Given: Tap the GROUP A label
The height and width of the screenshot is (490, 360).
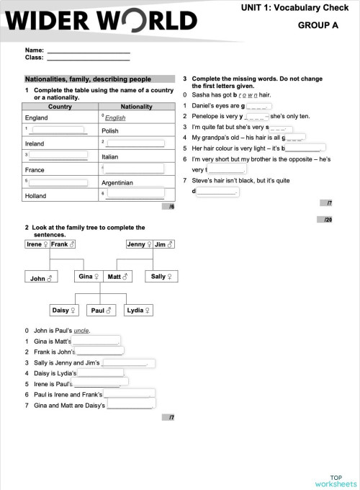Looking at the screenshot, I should [x=318, y=24].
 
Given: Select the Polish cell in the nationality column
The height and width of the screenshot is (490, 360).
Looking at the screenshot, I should [x=110, y=130].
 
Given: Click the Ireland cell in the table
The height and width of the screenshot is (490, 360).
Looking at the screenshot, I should [x=35, y=143].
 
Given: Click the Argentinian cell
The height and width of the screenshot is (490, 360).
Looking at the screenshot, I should [x=117, y=183].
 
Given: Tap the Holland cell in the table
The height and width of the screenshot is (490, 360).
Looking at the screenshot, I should [x=35, y=196].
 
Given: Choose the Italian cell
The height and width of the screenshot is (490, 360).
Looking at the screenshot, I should [x=109, y=156].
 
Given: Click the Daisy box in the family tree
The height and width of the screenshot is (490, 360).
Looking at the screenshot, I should [x=64, y=311].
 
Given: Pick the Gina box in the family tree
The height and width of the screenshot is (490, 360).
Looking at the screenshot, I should [x=88, y=276].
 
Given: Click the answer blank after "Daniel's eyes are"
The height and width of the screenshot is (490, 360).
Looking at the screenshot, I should [x=258, y=106].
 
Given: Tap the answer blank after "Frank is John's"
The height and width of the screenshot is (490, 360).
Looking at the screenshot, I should [x=100, y=352].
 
